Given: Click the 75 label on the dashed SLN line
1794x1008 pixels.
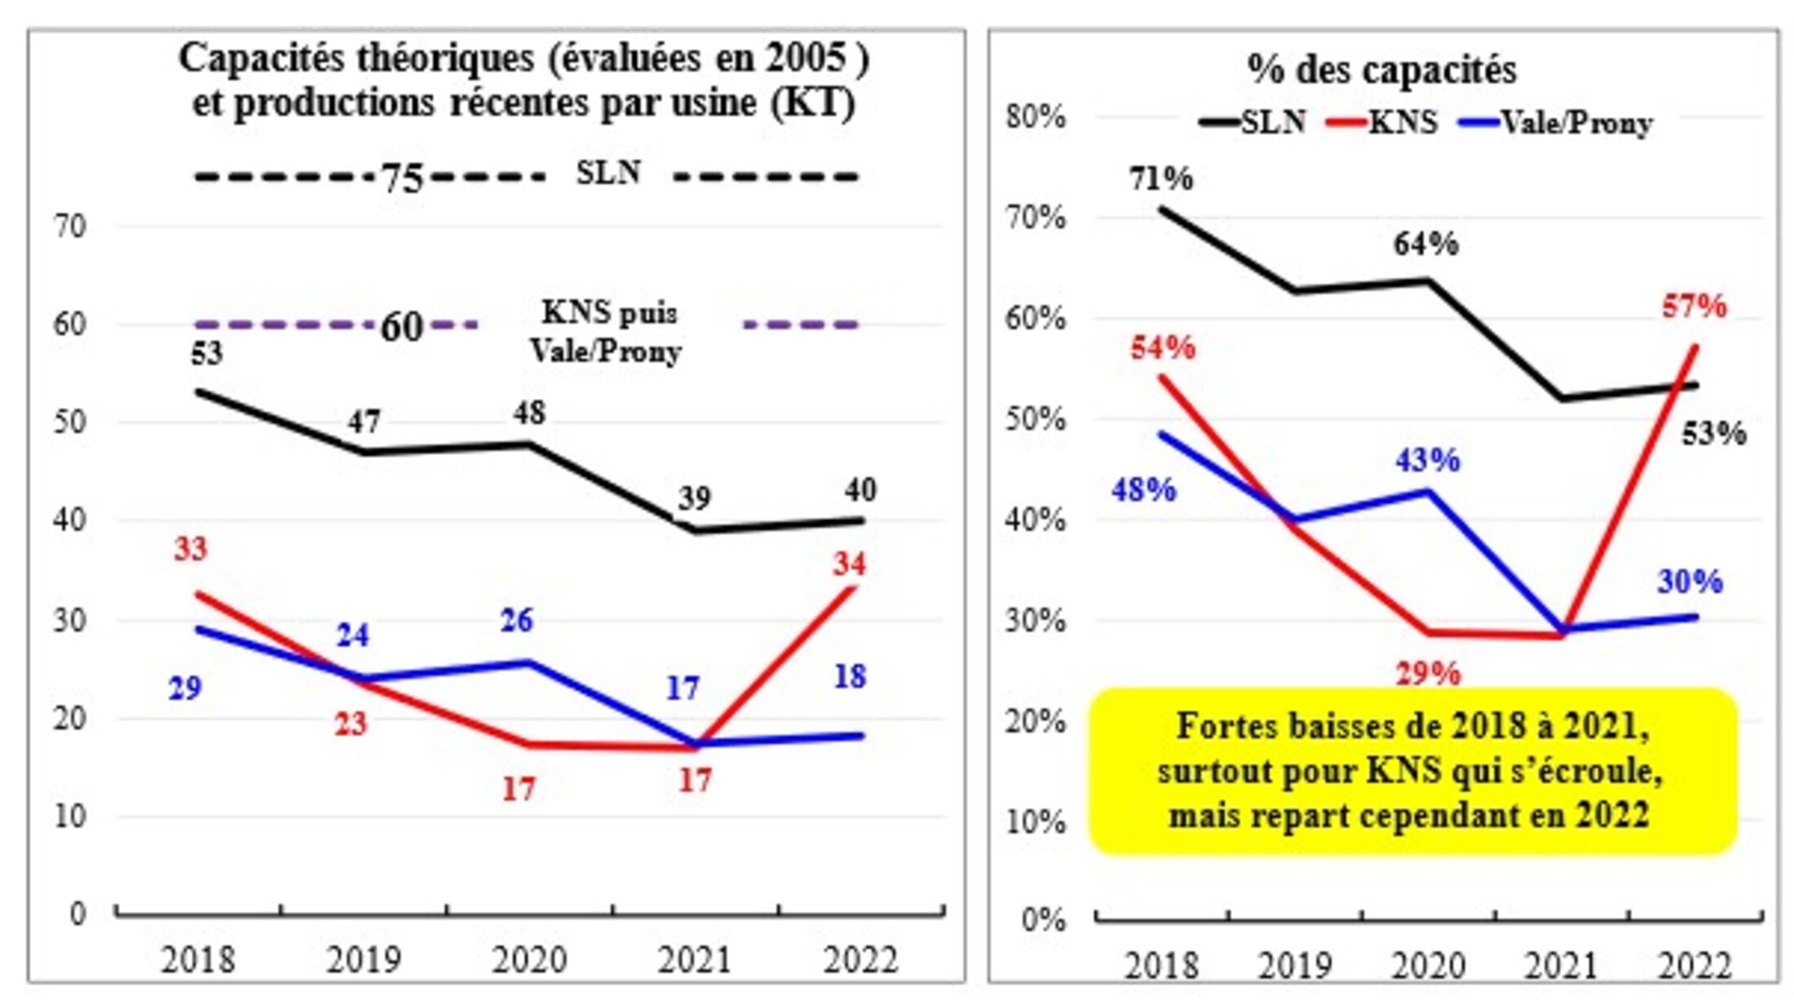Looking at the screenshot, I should (403, 177).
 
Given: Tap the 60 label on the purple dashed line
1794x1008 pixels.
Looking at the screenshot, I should (402, 327).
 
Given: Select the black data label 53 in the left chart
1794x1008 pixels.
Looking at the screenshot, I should (206, 354).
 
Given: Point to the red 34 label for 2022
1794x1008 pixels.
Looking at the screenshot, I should (849, 564).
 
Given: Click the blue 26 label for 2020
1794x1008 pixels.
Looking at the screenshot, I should (516, 621).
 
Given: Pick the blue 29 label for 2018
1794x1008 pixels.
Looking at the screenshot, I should (185, 689).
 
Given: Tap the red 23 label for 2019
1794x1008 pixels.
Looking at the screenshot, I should (351, 724).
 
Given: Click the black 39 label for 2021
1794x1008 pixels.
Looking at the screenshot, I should (694, 497).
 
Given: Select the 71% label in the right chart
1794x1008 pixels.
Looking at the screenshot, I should (1161, 179).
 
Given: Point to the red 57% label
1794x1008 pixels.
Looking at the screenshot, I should (1695, 307).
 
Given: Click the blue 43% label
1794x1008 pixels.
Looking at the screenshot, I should (1427, 461).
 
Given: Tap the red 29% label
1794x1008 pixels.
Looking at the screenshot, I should (1428, 674).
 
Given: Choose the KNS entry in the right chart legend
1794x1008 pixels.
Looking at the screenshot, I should (1403, 123).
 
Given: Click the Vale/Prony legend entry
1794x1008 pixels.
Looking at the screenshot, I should (1577, 123).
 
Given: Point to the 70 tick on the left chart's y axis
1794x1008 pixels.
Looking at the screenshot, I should (70, 227).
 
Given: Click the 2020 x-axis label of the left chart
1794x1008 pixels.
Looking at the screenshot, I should (528, 960).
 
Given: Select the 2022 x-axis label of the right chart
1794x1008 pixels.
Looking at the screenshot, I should (1695, 966).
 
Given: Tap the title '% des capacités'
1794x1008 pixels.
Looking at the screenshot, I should (1381, 70).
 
